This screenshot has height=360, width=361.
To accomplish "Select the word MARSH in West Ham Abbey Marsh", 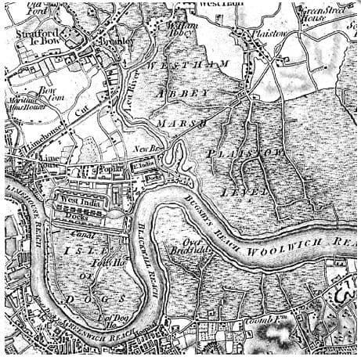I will (x=182, y=124).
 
